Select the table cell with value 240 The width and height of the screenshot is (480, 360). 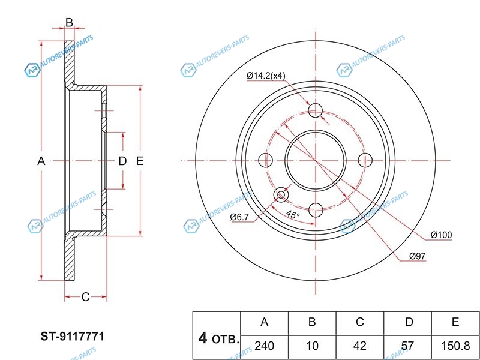click(264, 347)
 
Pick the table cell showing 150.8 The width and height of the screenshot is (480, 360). click(455, 347)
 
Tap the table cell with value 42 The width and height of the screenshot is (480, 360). click(360, 347)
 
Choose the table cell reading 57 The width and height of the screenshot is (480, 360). click(409, 347)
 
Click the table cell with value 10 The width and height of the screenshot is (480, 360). click(312, 347)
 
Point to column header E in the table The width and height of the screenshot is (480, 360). click(455, 323)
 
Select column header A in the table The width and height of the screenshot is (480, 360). click(264, 323)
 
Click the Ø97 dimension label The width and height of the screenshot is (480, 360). click(417, 256)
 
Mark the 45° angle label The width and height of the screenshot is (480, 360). click(292, 215)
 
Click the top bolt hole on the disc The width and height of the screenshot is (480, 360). click(316, 110)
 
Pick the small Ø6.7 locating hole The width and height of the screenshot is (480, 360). click(281, 194)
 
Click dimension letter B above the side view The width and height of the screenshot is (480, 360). click(69, 23)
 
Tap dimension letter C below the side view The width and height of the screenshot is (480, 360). click(85, 296)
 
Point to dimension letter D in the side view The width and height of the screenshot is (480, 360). click(122, 161)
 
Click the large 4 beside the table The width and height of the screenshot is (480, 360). click(203, 339)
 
